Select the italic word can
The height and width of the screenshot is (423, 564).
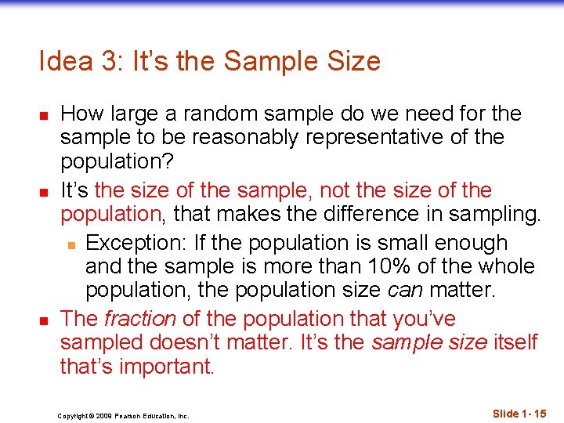click(x=407, y=291)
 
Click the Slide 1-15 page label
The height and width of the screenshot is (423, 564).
click(x=519, y=414)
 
